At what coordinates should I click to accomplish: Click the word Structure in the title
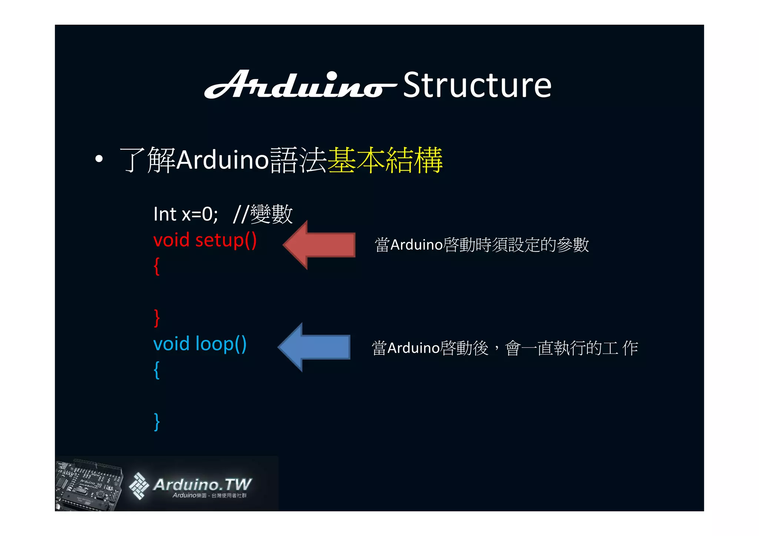click(477, 86)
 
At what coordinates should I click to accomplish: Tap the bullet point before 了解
click(99, 159)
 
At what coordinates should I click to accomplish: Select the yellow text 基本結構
click(385, 160)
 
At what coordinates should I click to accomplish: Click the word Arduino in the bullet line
click(222, 160)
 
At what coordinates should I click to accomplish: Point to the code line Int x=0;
click(186, 214)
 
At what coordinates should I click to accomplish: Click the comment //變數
click(263, 214)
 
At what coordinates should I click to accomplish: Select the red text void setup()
click(205, 240)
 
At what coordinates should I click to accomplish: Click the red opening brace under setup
click(157, 266)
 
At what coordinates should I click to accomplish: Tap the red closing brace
click(157, 317)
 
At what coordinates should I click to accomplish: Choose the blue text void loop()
click(200, 344)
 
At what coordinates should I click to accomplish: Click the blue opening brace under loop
click(157, 369)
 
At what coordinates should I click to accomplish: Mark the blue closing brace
click(157, 422)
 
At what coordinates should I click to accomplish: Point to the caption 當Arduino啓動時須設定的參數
click(482, 245)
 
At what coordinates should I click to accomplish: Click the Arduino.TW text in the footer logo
click(202, 484)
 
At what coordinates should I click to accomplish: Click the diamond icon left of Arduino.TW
click(139, 486)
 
